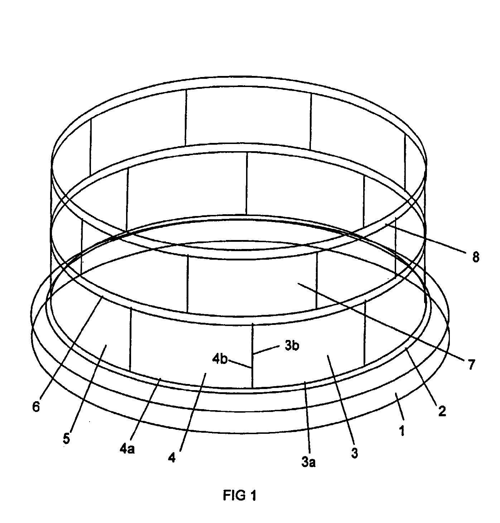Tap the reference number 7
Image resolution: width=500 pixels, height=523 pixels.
pyautogui.click(x=472, y=364)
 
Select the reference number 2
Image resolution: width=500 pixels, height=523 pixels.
pyautogui.click(x=442, y=411)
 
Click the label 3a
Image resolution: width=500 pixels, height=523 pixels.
pyautogui.click(x=308, y=462)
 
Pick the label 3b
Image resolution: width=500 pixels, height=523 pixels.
pyautogui.click(x=292, y=346)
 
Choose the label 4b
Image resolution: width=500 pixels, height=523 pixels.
pyautogui.click(x=220, y=359)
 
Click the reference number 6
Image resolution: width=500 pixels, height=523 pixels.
pyautogui.click(x=36, y=407)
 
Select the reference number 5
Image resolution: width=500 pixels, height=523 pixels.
pyautogui.click(x=66, y=439)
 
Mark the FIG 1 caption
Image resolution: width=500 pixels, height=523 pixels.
pyautogui.click(x=240, y=495)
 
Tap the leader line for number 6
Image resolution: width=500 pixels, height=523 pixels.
pyautogui.click(x=71, y=346)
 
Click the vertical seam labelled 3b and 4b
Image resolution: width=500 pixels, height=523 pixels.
pyautogui.click(x=253, y=356)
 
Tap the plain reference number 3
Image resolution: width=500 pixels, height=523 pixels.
pyautogui.click(x=355, y=453)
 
